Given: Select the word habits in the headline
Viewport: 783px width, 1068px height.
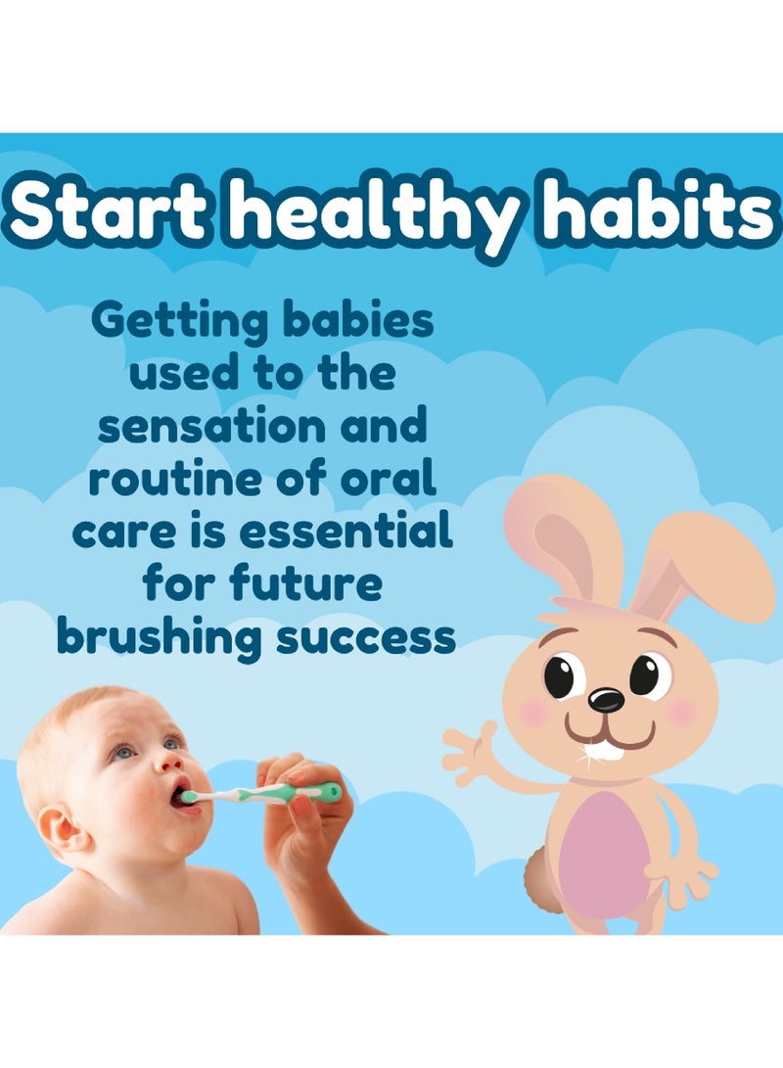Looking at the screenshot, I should pyautogui.click(x=663, y=212).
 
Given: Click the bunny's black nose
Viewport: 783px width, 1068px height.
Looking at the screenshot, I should pyautogui.click(x=606, y=700).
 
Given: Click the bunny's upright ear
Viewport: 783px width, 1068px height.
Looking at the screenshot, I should pyautogui.click(x=563, y=534).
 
